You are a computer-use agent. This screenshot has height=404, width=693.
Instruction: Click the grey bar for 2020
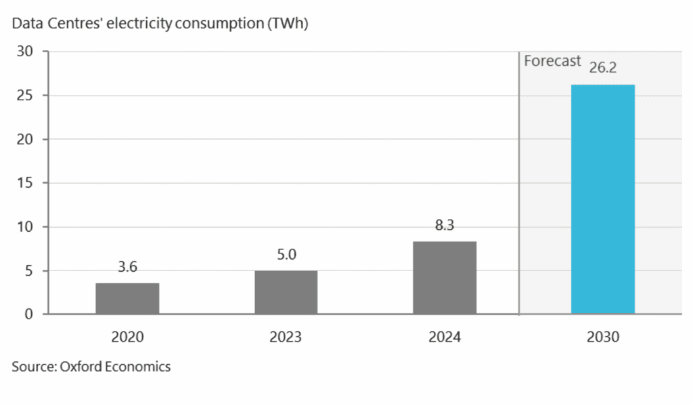coord(127,298)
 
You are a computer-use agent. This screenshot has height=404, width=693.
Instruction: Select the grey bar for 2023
coord(286,292)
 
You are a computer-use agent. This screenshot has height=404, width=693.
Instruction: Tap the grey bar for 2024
coord(445,278)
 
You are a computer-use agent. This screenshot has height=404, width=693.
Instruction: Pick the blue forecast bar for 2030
coord(603,199)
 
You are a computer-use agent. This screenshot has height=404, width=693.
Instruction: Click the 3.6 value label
coord(127,268)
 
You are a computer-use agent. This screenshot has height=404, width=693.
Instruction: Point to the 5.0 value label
coord(286,255)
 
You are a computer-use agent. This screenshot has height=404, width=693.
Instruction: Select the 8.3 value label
coord(445,226)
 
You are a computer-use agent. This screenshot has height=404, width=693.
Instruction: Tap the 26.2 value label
coord(603,68)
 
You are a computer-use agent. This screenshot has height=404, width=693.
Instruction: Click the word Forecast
coord(552,61)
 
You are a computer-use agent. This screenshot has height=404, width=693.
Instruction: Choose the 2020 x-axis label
coord(127,337)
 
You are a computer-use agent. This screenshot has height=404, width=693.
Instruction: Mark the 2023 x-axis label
coord(286,337)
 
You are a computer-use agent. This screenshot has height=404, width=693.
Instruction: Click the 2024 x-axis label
coord(445,337)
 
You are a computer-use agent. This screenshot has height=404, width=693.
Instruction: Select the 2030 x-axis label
coord(603,337)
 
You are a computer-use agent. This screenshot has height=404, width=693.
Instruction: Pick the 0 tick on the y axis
coord(28,315)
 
